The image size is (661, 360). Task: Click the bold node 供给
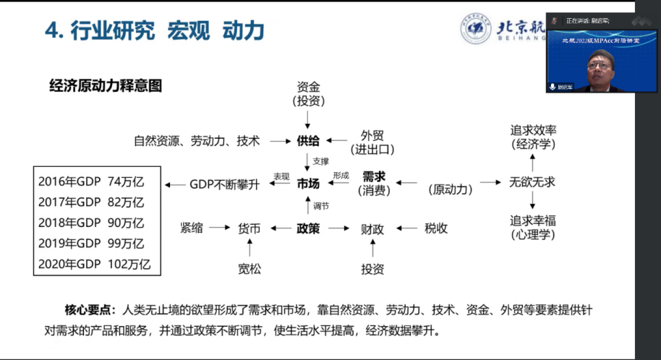[x=308, y=141]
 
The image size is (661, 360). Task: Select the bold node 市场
[x=308, y=184]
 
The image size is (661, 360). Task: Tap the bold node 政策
[x=308, y=228]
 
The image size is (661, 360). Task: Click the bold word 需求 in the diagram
[x=373, y=176]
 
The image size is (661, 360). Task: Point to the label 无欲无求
[x=532, y=182]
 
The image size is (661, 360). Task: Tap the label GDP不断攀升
[x=224, y=184]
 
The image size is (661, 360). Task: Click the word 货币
[x=249, y=228]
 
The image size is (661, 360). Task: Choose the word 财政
[x=372, y=229]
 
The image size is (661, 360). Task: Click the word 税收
[x=436, y=228]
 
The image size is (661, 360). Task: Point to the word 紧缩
[x=192, y=228]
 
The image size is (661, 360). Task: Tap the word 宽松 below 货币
[x=250, y=270]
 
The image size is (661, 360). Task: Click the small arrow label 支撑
[x=321, y=161]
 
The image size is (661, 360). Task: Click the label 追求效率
[x=534, y=130]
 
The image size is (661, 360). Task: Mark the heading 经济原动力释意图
[x=106, y=85]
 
